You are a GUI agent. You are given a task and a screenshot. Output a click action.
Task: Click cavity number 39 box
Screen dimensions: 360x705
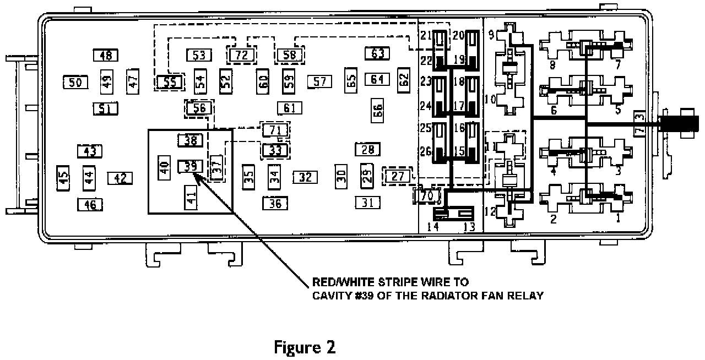pyautogui.click(x=190, y=165)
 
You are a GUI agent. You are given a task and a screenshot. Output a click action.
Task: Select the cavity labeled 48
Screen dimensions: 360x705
pyautogui.click(x=106, y=55)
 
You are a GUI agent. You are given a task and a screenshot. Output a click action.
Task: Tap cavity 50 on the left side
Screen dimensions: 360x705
pyautogui.click(x=75, y=83)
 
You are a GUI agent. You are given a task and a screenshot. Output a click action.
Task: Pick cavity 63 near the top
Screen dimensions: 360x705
pyautogui.click(x=377, y=53)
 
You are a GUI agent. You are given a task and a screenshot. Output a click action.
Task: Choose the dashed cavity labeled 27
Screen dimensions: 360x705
pyautogui.click(x=398, y=176)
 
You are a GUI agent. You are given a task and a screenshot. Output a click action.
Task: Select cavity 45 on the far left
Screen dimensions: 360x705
pyautogui.click(x=64, y=178)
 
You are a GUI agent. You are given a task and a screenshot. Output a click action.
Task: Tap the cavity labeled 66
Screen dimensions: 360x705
pyautogui.click(x=377, y=112)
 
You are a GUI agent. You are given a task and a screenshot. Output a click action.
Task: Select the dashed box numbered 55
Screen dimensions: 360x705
pyautogui.click(x=170, y=83)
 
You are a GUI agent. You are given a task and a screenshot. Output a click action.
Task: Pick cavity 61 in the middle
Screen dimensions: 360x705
pyautogui.click(x=290, y=108)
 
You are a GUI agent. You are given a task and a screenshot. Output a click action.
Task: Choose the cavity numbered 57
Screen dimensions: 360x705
pyautogui.click(x=320, y=82)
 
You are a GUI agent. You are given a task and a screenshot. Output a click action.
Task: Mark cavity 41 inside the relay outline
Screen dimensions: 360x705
pyautogui.click(x=191, y=197)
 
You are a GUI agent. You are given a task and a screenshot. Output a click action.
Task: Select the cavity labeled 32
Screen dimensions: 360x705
pyautogui.click(x=306, y=177)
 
